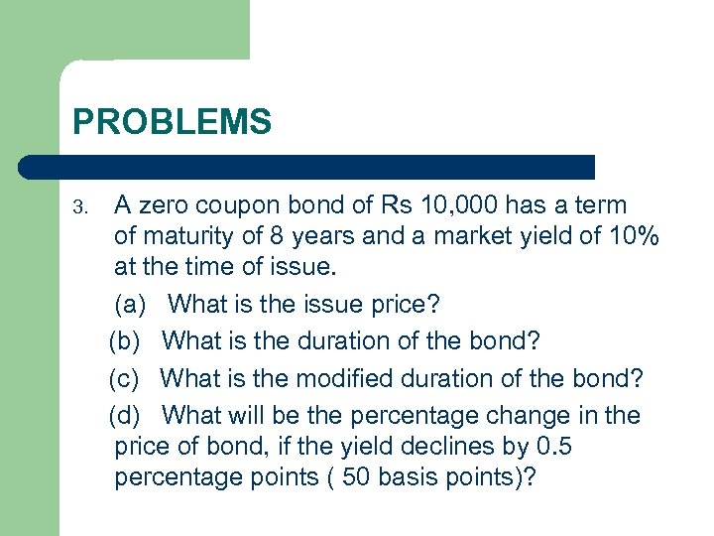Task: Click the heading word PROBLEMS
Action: [x=172, y=122]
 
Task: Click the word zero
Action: [x=164, y=205]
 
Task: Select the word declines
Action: [x=442, y=447]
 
